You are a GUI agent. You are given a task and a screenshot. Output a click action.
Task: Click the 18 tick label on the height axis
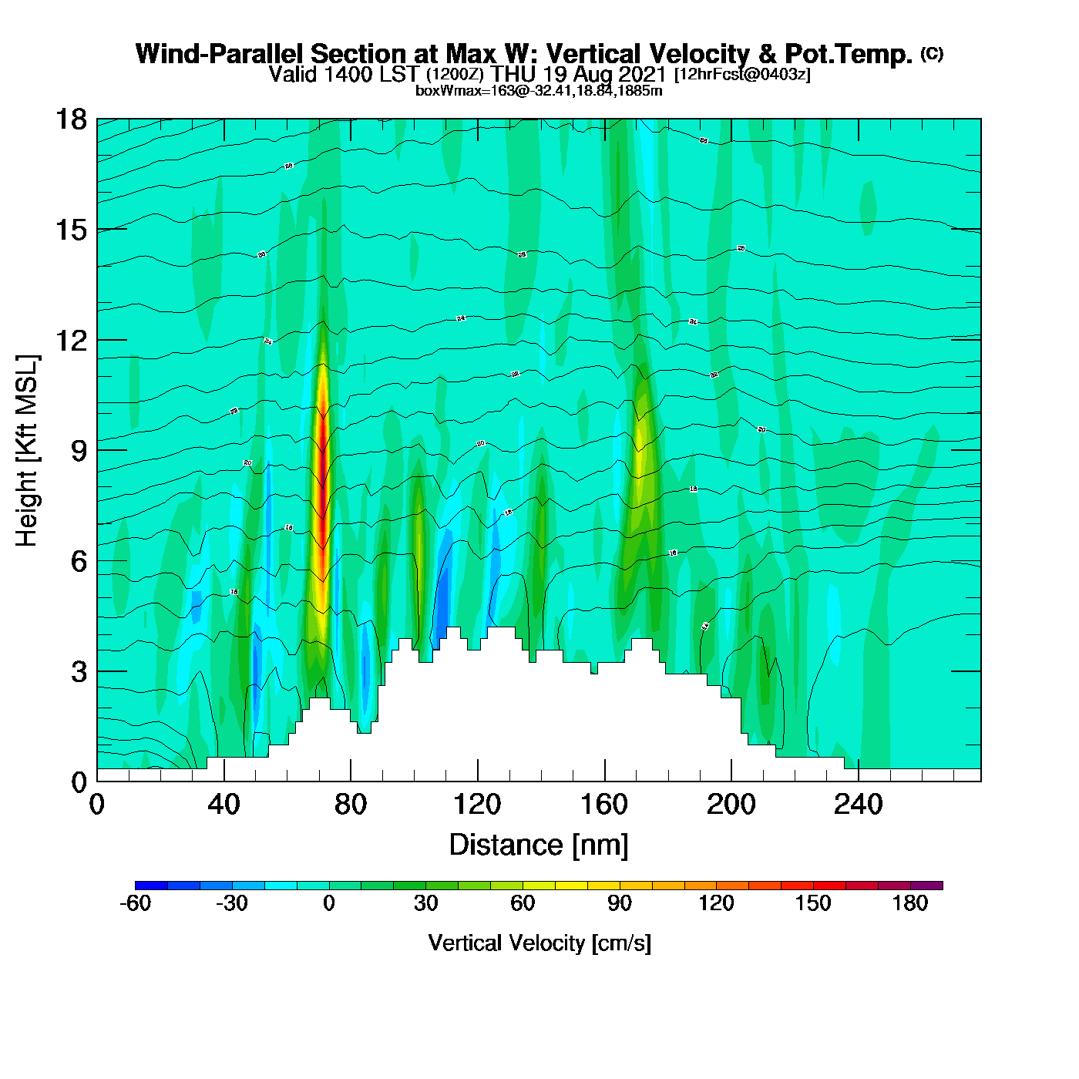coord(70,119)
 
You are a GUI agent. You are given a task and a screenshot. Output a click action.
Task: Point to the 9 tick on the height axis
coord(79,451)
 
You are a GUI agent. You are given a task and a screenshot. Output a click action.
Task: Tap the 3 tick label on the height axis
coord(79,672)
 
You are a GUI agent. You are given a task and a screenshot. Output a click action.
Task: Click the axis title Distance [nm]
coord(539,845)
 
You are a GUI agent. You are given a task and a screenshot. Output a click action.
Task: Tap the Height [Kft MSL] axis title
coord(28,451)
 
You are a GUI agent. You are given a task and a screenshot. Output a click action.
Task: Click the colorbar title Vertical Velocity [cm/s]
coord(539,943)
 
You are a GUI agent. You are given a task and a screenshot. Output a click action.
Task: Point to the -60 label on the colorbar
coord(135,904)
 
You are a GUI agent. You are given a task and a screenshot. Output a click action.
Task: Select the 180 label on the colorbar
coord(910,904)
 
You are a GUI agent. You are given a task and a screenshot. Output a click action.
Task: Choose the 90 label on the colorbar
coord(620,904)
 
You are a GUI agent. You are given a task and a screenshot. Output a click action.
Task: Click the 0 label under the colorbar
coord(329,904)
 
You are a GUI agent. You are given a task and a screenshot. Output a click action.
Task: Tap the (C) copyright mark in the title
coord(932,53)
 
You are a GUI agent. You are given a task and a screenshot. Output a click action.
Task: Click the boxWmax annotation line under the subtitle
coord(539,91)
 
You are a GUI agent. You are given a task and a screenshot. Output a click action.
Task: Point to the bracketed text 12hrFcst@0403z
coord(742,75)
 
